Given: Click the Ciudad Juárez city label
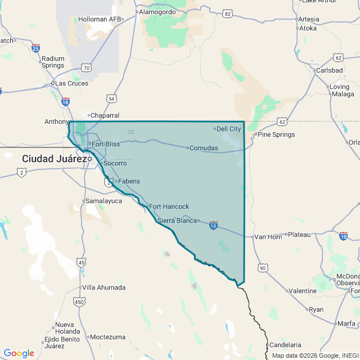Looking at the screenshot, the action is (53, 159).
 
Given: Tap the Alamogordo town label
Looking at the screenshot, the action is (157, 11).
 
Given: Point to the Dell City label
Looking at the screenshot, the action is (229, 129).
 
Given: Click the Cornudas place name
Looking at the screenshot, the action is (204, 148).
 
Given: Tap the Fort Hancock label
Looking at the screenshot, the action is (169, 206).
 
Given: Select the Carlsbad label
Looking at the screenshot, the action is (329, 70).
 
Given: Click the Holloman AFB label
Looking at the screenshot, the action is (100, 19).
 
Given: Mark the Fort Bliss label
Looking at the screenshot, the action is (106, 144).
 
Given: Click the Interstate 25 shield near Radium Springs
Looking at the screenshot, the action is (36, 49).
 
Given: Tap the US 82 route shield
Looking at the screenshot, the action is (227, 13).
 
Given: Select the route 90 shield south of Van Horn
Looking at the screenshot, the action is (262, 268).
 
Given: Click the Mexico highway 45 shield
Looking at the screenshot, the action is (82, 262).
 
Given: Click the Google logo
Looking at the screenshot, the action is (19, 353).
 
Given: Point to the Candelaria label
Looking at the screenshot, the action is (285, 345).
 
